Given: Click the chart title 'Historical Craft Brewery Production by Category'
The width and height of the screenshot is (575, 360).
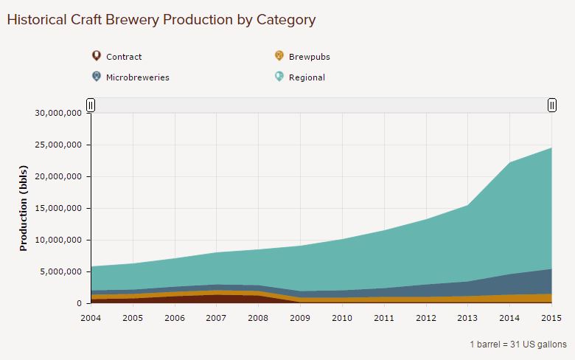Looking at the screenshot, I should coord(161,20).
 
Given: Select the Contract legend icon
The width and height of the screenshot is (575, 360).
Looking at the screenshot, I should coord(96,56).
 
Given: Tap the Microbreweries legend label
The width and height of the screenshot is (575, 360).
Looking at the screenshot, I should coord(137,77).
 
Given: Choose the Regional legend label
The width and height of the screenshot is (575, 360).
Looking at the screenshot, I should coord(307,77).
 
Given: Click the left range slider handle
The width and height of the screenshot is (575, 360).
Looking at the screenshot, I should coord(91,105).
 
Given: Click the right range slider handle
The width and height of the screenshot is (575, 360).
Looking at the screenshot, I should coord(551,105).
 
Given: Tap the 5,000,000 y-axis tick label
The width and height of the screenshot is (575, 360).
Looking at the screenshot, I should coord(60,272).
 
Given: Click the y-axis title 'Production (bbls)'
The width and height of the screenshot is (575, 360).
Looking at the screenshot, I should coord(24,208).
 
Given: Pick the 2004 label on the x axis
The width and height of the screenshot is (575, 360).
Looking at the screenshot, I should coord(91,317).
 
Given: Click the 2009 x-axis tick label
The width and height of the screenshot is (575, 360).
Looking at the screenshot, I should coord(300,317).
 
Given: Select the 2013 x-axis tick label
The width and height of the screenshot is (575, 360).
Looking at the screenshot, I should coord(467,317).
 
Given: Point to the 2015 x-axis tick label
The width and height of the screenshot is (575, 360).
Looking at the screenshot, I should coord(551,317).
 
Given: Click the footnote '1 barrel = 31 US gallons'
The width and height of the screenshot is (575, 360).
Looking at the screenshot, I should coord(517,345).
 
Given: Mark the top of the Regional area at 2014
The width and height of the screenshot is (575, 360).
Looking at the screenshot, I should coord(509,163).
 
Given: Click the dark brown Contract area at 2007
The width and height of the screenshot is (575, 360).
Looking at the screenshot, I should coord(216,299).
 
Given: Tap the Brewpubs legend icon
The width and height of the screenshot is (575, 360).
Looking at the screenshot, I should coord(279,56).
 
